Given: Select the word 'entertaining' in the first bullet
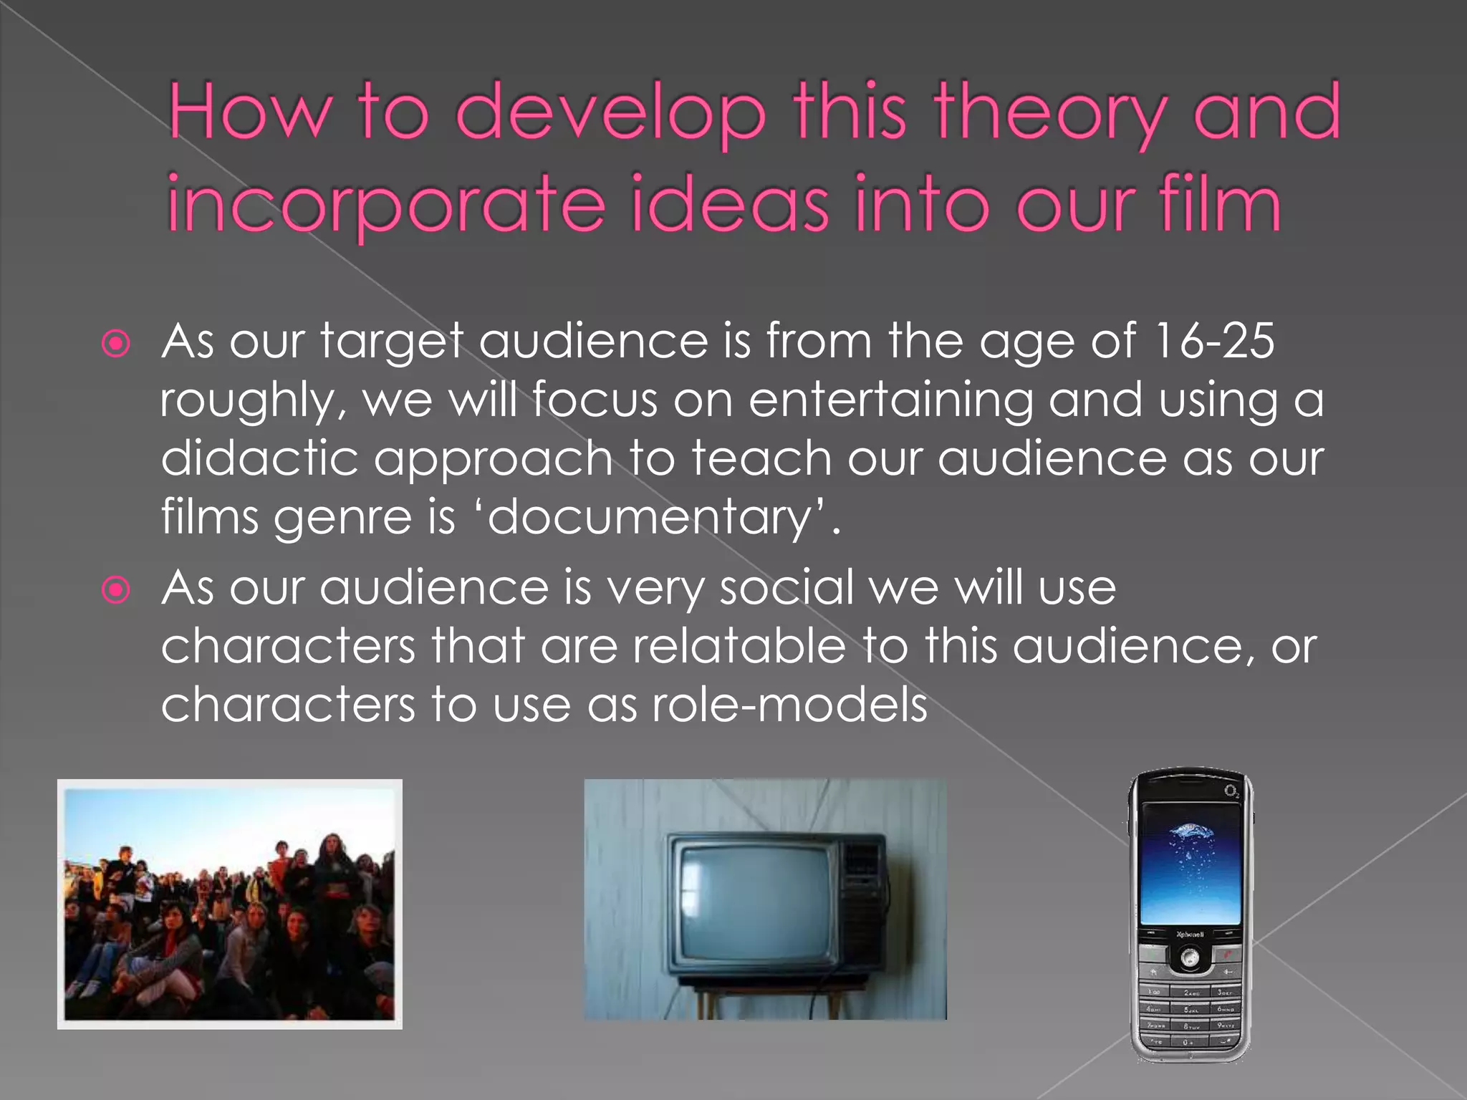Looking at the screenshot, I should coord(890,400).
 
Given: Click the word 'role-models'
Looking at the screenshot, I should coord(789,705).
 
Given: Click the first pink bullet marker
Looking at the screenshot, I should coord(116,344).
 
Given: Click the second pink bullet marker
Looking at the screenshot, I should coord(116,591).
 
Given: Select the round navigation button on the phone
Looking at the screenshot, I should coord(1190,957).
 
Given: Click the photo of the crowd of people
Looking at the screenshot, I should coord(229,904).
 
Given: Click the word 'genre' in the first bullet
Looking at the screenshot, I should coord(343,517).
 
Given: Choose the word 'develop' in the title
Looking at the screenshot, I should coord(610,115).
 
